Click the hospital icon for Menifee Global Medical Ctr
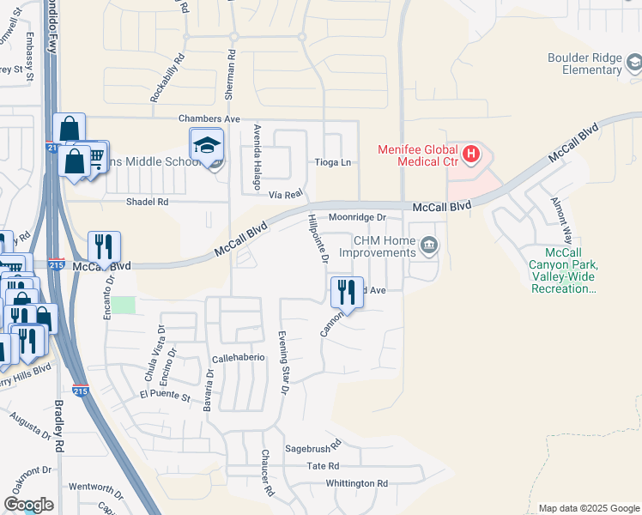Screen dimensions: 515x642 (470, 155)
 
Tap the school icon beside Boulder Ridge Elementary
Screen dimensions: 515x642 (633, 63)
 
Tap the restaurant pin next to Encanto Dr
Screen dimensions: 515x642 (104, 246)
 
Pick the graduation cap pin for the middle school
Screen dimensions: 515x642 (207, 145)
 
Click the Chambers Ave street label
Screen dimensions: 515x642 (209, 118)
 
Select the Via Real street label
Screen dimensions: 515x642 (286, 195)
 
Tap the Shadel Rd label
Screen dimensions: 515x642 (147, 202)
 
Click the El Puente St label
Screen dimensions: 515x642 (163, 395)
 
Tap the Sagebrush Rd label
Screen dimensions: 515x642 (313, 447)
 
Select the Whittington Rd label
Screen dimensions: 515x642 (356, 483)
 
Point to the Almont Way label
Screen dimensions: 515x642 (562, 215)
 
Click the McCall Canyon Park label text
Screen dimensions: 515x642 (563, 266)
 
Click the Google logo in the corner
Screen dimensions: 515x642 (28, 505)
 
